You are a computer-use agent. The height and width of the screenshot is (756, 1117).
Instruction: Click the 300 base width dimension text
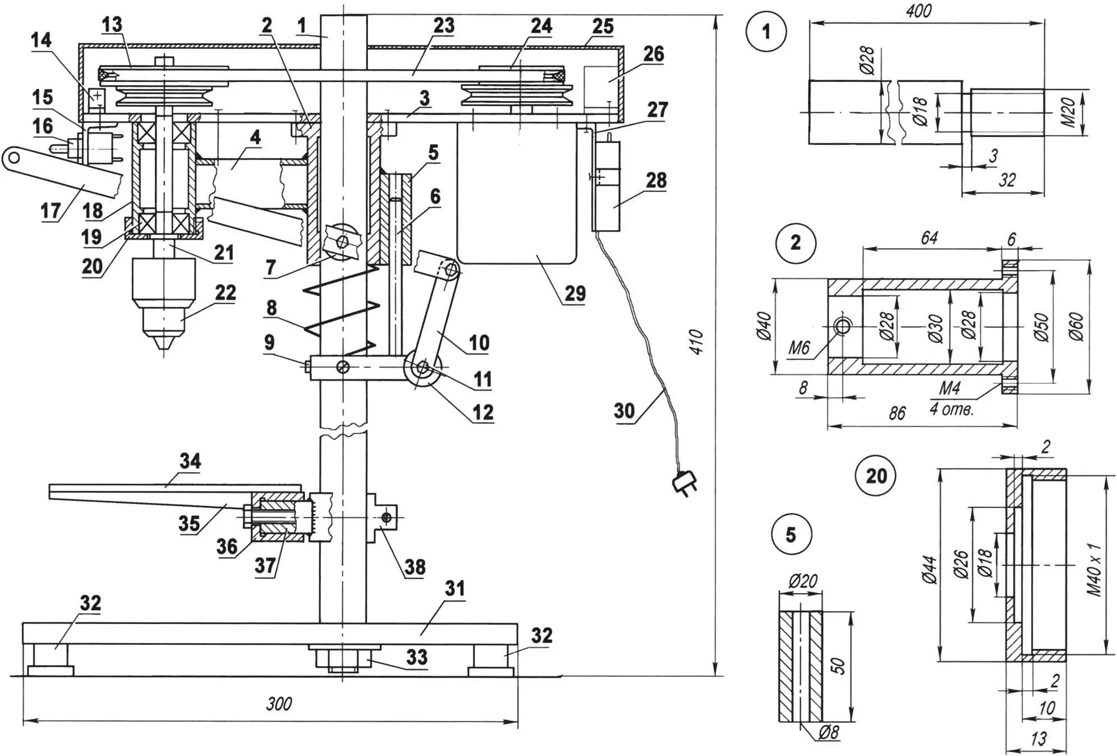278,704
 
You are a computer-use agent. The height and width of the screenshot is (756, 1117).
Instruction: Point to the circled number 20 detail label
876,476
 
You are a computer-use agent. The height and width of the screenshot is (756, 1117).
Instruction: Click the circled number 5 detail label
791,535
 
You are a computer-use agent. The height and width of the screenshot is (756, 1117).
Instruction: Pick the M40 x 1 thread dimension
1093,569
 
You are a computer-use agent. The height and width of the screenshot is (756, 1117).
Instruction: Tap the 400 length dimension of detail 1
918,11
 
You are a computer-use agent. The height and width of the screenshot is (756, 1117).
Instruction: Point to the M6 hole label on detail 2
799,348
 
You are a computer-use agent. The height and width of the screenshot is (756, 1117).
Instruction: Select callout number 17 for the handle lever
50,211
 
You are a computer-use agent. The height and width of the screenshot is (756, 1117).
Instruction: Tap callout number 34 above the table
190,461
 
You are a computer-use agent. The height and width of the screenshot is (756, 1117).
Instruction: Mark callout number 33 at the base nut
417,657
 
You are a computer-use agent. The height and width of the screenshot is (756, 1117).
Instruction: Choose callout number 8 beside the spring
272,308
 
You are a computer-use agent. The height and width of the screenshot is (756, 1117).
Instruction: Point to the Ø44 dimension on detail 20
928,569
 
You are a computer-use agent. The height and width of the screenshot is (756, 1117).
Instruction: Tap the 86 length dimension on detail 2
897,413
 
